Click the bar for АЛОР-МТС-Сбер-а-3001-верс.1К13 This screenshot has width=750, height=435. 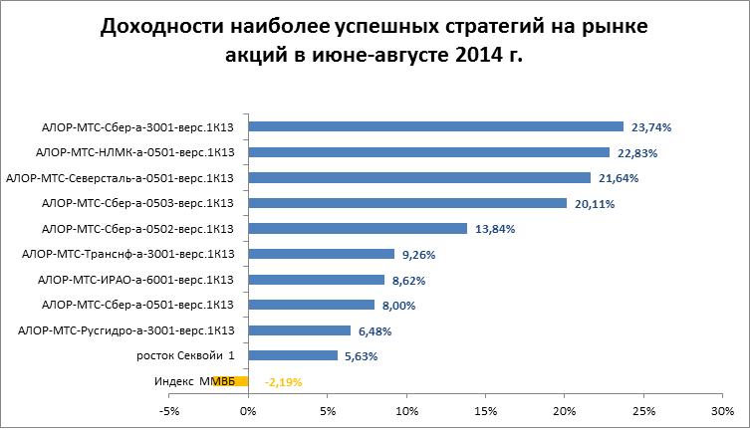click(435, 126)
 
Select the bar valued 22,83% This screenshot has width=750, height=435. click(428, 152)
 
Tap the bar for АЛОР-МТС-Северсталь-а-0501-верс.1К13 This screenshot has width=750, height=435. click(419, 177)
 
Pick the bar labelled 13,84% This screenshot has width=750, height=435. click(358, 228)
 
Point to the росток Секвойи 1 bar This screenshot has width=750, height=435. click(293, 355)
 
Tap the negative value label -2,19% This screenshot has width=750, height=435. click(283, 381)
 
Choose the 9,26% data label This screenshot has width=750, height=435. click(417, 255)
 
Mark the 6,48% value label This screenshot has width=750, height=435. click(374, 330)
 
